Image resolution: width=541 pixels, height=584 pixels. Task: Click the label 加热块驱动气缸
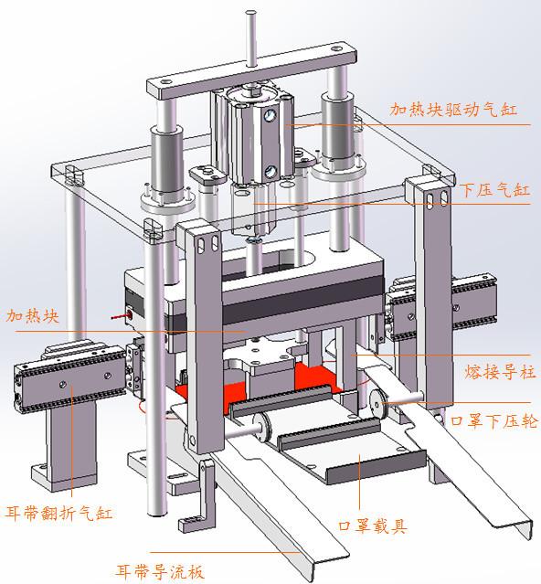[453, 110]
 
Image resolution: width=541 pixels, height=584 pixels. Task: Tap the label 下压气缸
[494, 190]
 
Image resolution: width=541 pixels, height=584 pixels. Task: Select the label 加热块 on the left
[32, 316]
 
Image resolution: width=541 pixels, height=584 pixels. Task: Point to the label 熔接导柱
[500, 372]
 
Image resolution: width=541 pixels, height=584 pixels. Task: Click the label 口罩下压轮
[494, 421]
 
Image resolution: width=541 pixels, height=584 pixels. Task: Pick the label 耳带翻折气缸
[58, 513]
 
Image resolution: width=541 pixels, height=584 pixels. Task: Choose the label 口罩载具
[373, 526]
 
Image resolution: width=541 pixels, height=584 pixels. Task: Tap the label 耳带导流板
[160, 571]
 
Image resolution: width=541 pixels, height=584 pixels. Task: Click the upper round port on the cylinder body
[270, 114]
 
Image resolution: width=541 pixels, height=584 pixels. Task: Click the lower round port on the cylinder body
[270, 171]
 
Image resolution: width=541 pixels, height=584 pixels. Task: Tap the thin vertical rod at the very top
[251, 38]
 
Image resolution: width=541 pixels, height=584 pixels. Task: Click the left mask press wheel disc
[263, 427]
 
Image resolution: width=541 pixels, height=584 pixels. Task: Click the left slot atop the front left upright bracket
[201, 245]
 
